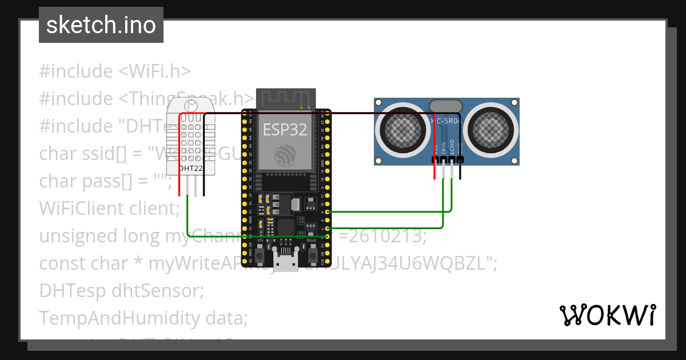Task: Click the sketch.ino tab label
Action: pos(101,25)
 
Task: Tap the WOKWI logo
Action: pos(607,314)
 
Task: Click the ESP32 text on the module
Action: pos(285,130)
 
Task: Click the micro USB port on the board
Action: pos(286,263)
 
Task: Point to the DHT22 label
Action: pos(190,168)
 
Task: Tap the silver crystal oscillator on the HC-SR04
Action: pos(446,105)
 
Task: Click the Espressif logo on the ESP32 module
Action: pos(285,154)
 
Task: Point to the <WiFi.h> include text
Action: pos(154,71)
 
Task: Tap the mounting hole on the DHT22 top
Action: pos(190,105)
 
